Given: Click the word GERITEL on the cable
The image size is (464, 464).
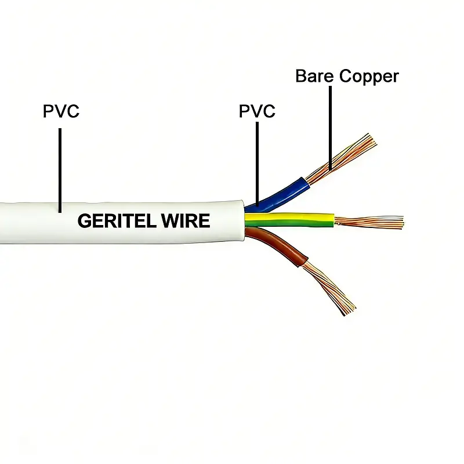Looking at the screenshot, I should [x=118, y=221].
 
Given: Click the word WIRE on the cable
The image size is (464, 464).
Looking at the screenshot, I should [x=188, y=221].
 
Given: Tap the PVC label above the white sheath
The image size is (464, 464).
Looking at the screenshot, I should [x=61, y=111].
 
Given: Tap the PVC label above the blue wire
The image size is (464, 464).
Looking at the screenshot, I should [x=257, y=111].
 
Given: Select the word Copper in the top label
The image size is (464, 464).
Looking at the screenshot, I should [x=369, y=76].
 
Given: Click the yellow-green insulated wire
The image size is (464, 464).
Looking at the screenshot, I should [x=290, y=219].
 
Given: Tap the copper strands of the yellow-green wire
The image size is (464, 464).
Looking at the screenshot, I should [x=368, y=221].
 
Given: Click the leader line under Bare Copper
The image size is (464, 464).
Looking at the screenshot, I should [x=331, y=128].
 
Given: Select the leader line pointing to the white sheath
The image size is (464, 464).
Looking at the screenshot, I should [x=60, y=168].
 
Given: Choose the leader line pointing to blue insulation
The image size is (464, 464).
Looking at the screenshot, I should [x=257, y=162].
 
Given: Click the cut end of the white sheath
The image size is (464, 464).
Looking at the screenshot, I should [x=243, y=220].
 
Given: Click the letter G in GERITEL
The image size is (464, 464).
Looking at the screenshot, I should [x=85, y=221].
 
